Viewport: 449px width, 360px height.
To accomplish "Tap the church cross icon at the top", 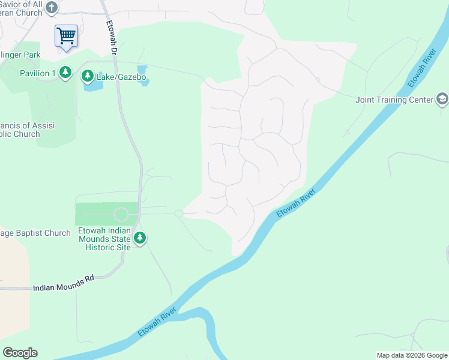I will click(52, 8).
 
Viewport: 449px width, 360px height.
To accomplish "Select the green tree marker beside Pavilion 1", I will click(65, 73).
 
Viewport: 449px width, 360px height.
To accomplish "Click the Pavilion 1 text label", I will click(37, 73).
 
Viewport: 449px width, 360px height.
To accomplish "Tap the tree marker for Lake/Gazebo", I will click(88, 76).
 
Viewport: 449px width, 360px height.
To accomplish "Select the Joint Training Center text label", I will click(394, 100).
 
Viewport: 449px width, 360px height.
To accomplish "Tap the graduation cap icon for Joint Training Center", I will click(442, 99).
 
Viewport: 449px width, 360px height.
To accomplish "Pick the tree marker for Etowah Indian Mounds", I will click(140, 238).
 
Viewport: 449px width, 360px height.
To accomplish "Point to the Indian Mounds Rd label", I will click(64, 287).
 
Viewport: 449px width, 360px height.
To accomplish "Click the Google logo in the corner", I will click(20, 353).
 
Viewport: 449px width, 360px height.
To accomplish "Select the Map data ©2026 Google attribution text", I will click(411, 355).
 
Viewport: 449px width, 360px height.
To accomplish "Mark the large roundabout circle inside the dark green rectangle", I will click(121, 214).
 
